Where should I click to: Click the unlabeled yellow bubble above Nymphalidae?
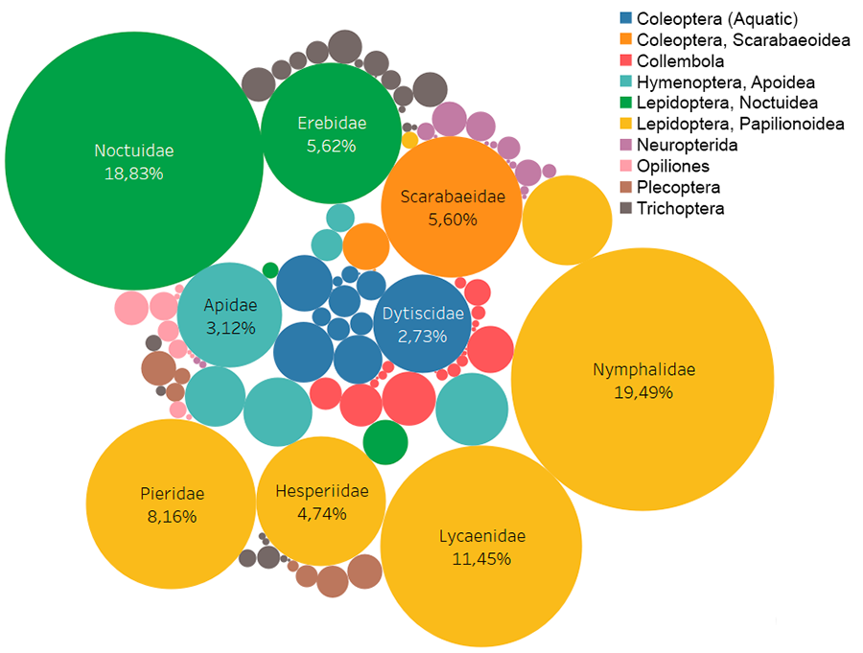point(567,220)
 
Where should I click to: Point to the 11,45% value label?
point(481,558)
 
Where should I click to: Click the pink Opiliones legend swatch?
point(626,166)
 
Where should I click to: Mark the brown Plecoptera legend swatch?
point(626,187)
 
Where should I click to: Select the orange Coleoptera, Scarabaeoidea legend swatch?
point(626,39)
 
